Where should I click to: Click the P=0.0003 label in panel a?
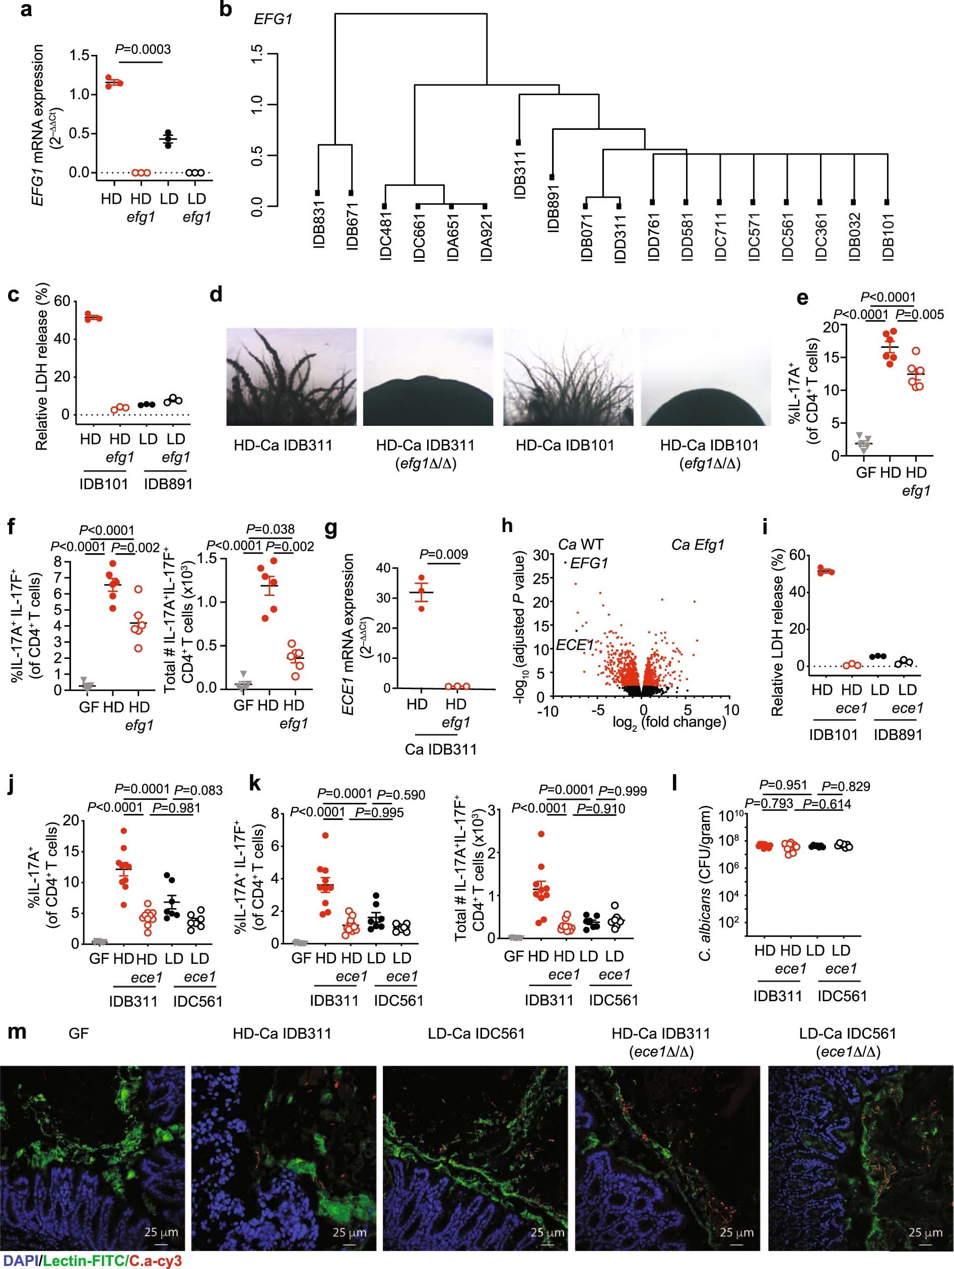tap(143, 49)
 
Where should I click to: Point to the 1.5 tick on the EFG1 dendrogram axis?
tap(258, 55)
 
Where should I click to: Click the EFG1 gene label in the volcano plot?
tap(589, 563)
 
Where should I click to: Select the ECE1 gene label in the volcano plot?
tap(575, 645)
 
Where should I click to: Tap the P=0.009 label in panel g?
tap(444, 554)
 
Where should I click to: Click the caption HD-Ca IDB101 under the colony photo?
tap(565, 445)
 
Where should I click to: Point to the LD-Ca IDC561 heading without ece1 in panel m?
tap(476, 1034)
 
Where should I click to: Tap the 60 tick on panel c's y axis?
tap(62, 301)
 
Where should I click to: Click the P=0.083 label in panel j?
tap(198, 790)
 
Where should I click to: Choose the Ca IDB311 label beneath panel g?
tap(440, 749)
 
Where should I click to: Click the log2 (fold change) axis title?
tap(669, 722)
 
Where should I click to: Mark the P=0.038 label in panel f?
tap(270, 529)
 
